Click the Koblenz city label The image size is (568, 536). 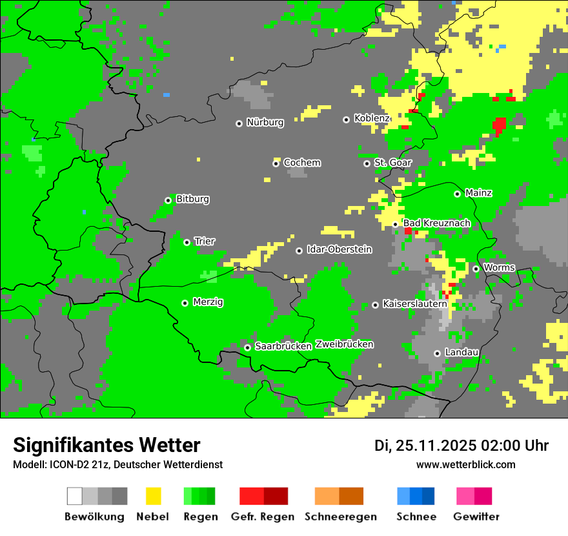pos(372,118)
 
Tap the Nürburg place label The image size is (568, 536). pos(265,122)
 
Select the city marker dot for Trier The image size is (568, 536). pos(187,242)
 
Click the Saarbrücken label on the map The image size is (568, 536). pos(283,346)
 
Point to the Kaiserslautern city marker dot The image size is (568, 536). pos(375,305)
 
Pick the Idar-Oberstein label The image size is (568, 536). pos(339,249)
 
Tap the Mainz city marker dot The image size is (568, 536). pos(457,194)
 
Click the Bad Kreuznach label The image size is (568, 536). pos(436,223)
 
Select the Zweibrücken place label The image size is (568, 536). pos(344,344)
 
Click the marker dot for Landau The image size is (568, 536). pos(437,353)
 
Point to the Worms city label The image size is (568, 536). pos(499,267)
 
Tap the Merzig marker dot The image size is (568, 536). pos(185,303)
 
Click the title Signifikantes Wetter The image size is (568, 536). pos(107,445)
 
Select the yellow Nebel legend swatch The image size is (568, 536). pos(153,496)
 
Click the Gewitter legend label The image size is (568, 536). pos(476,517)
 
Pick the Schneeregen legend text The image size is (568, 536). pos(340,517)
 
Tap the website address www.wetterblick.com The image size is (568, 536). pos(465,464)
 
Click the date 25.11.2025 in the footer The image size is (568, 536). pos(436,446)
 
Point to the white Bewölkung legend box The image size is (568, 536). pos(75,496)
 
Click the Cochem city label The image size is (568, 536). pos(301,163)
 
